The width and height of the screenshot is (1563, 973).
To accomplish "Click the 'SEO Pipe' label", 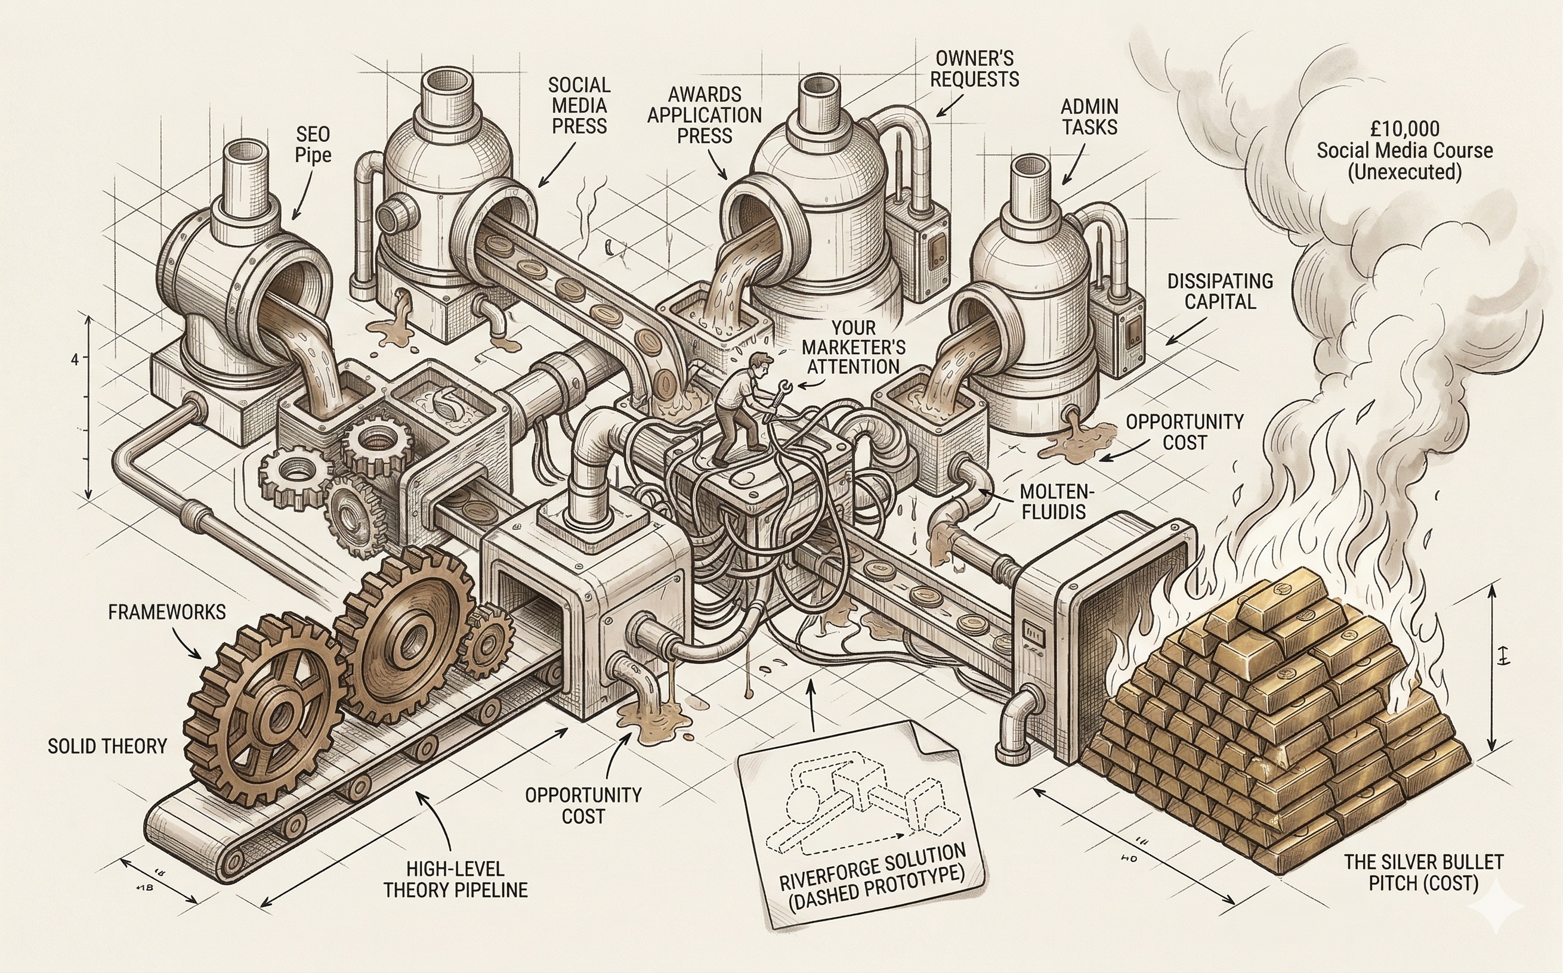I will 313,145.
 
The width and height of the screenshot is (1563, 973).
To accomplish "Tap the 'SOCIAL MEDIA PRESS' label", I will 579,106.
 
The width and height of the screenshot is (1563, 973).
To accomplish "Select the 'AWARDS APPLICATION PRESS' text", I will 705,115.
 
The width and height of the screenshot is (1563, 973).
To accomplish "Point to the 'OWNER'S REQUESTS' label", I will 974,68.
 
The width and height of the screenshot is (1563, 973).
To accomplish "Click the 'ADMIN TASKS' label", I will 1089,116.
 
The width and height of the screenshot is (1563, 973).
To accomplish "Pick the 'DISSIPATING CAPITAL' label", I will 1220,291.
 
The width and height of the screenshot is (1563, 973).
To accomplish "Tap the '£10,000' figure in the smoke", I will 1405,129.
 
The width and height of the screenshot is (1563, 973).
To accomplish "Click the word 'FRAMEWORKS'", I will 166,611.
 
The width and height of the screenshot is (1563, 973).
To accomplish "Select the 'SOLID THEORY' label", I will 107,746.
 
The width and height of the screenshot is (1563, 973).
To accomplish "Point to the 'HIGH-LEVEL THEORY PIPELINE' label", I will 455,879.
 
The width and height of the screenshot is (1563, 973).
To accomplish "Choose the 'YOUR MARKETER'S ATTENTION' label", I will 853,348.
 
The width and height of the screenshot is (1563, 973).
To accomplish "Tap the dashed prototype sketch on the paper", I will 844,804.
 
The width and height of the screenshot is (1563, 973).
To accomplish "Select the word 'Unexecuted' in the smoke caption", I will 1405,172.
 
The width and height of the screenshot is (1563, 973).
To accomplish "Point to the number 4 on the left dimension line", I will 75,359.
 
